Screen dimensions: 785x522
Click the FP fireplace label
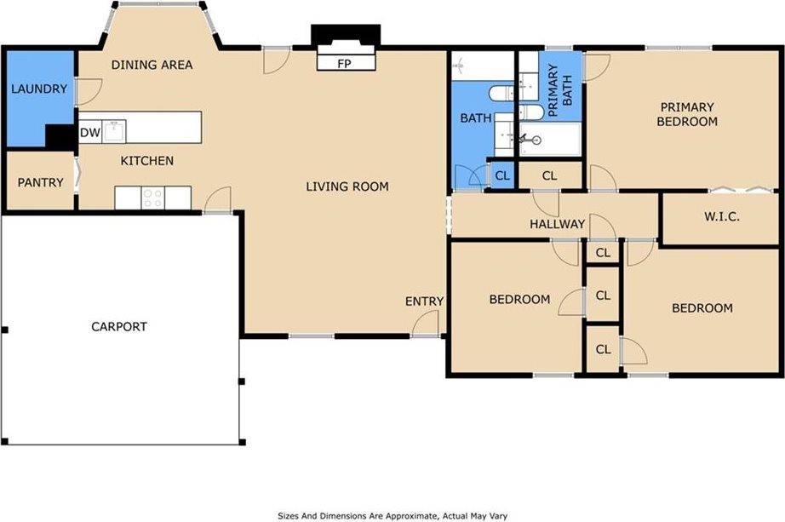[x=344, y=64]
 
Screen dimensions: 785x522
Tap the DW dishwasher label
[x=90, y=133]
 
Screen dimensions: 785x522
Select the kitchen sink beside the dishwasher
[x=114, y=132]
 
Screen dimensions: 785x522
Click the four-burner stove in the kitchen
[x=152, y=198]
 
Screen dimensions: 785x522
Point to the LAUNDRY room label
[x=39, y=89]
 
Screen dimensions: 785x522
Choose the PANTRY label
[x=41, y=182]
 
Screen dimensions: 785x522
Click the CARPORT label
[x=119, y=327]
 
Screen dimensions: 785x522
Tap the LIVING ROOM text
[x=347, y=186]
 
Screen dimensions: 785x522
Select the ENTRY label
[x=425, y=301]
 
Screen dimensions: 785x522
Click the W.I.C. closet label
[x=722, y=216]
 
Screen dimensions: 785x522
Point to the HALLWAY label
[x=558, y=224]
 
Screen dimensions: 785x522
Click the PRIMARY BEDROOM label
[x=687, y=114]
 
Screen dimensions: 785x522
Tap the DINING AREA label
[x=152, y=65]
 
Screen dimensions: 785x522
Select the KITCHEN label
[x=147, y=161]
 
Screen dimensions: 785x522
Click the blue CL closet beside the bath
[x=502, y=175]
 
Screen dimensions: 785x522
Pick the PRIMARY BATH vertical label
[x=560, y=90]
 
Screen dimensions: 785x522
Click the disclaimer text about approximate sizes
[x=392, y=515]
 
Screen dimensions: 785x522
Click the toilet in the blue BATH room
[x=501, y=93]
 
